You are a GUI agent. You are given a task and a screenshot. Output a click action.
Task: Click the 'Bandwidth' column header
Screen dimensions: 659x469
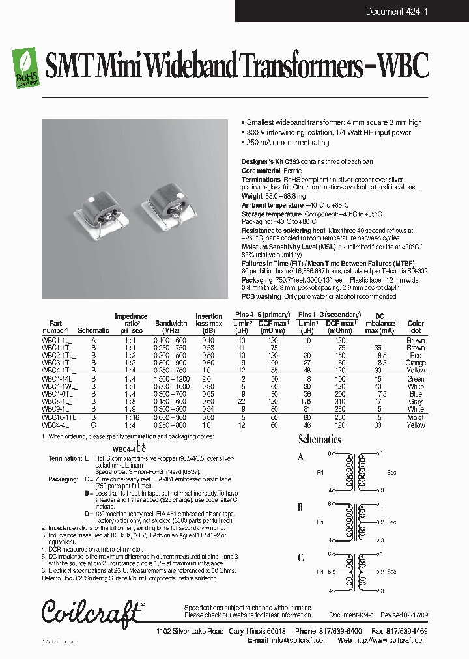pyautogui.click(x=171, y=324)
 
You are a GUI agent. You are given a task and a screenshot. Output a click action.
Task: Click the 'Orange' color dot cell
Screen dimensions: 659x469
pyautogui.click(x=416, y=363)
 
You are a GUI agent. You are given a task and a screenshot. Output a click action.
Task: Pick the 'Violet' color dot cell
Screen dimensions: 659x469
pyautogui.click(x=416, y=417)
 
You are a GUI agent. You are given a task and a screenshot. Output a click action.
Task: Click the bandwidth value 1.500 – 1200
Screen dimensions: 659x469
pyautogui.click(x=171, y=379)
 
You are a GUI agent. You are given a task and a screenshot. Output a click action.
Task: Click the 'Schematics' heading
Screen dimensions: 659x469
pyautogui.click(x=319, y=440)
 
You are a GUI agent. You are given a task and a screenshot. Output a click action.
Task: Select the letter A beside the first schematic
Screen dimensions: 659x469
pyautogui.click(x=301, y=458)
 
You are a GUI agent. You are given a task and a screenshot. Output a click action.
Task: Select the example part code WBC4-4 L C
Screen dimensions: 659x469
pyautogui.click(x=130, y=450)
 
